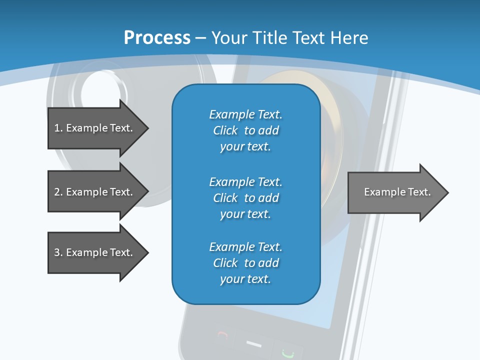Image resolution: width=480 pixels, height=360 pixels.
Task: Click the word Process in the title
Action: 157,38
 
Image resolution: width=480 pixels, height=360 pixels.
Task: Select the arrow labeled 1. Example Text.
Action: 95,128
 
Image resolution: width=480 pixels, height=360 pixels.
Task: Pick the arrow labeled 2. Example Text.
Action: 95,192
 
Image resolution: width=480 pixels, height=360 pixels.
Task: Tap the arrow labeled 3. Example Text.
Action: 95,252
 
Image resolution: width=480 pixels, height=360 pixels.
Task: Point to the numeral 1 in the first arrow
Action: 57,128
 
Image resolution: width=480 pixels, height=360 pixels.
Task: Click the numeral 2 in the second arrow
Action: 57,192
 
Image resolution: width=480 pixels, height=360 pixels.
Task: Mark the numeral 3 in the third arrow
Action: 57,252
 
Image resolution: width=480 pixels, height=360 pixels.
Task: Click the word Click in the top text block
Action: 225,130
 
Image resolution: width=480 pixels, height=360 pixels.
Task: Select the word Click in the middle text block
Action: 225,198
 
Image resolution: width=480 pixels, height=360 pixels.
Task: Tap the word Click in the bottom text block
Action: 225,263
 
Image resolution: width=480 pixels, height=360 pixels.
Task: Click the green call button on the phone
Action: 286,353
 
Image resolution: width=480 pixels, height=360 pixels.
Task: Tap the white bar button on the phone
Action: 254,344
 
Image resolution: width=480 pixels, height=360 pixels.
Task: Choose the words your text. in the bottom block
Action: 245,279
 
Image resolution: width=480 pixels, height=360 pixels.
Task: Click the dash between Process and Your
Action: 201,38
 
